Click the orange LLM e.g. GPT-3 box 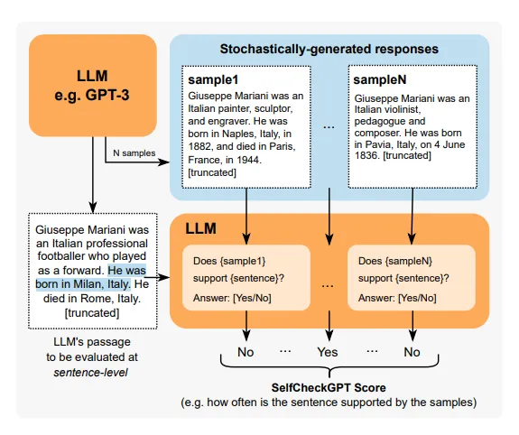pyautogui.click(x=93, y=86)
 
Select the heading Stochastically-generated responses pyautogui.click(x=329, y=49)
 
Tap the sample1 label pyautogui.click(x=213, y=79)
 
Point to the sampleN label pyautogui.click(x=380, y=79)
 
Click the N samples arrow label pyautogui.click(x=134, y=153)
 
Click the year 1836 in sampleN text pyautogui.click(x=366, y=155)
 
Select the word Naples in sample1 pyautogui.click(x=236, y=134)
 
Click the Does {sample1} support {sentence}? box pyautogui.click(x=246, y=278)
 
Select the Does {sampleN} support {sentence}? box pyautogui.click(x=412, y=278)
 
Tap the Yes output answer pyautogui.click(x=328, y=352)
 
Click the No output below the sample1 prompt pyautogui.click(x=246, y=352)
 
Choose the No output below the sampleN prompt pyautogui.click(x=412, y=352)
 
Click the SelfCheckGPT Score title pyautogui.click(x=329, y=388)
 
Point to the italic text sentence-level pyautogui.click(x=90, y=373)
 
